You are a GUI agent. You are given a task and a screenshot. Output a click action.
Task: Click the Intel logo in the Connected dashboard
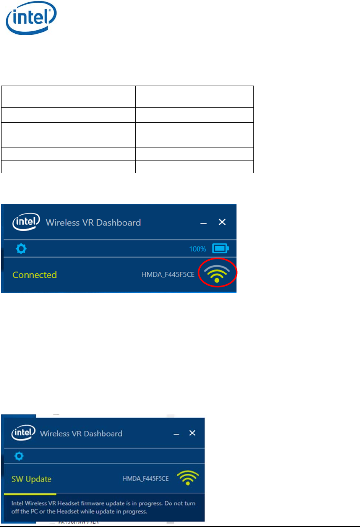pyautogui.click(x=26, y=222)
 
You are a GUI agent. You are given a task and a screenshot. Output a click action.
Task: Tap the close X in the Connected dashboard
pyautogui.click(x=222, y=222)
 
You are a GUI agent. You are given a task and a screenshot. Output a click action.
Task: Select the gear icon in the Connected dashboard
pyautogui.click(x=21, y=249)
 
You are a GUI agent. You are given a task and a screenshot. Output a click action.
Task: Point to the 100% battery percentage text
pyautogui.click(x=198, y=249)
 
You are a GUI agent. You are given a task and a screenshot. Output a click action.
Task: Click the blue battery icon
pyautogui.click(x=221, y=248)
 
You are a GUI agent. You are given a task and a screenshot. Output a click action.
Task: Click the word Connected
pyautogui.click(x=34, y=275)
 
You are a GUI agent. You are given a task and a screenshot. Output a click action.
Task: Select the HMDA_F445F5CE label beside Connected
pyautogui.click(x=168, y=275)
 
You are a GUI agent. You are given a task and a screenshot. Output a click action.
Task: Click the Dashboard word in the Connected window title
pyautogui.click(x=118, y=222)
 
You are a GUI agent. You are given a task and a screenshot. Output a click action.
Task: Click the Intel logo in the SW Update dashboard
pyautogui.click(x=23, y=433)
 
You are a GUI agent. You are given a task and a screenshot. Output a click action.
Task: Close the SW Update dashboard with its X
pyautogui.click(x=192, y=433)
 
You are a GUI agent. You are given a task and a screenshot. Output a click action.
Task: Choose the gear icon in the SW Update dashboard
pyautogui.click(x=19, y=456)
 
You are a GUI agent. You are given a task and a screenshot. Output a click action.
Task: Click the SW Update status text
pyautogui.click(x=31, y=479)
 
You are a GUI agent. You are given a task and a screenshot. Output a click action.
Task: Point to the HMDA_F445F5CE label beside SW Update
pyautogui.click(x=146, y=478)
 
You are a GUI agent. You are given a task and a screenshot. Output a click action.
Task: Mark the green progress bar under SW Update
pyautogui.click(x=30, y=494)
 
